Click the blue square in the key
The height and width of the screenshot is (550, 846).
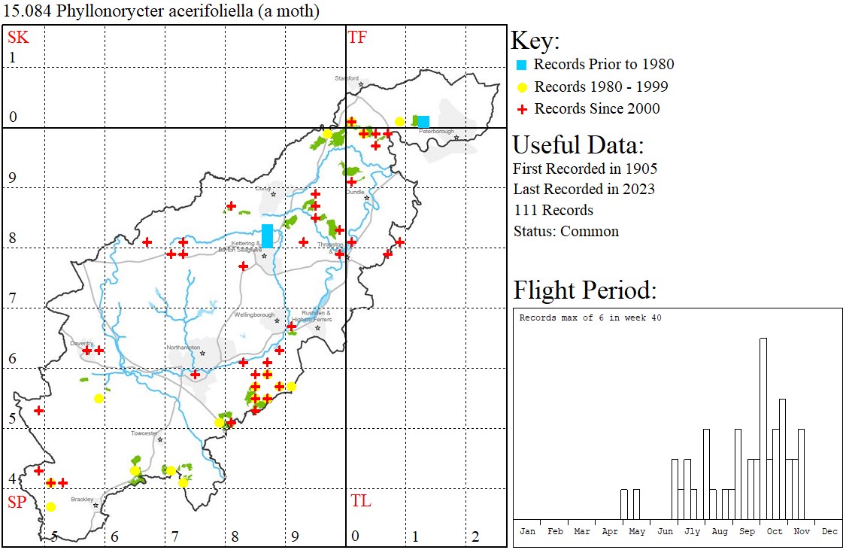pyautogui.click(x=520, y=65)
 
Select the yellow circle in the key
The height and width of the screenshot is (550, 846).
pyautogui.click(x=520, y=87)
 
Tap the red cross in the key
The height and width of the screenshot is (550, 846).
pyautogui.click(x=520, y=109)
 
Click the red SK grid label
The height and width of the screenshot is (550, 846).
pyautogui.click(x=18, y=37)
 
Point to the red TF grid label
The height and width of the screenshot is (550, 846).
pyautogui.click(x=357, y=37)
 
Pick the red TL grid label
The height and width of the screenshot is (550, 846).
pyautogui.click(x=360, y=501)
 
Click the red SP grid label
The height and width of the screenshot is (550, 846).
pyautogui.click(x=18, y=501)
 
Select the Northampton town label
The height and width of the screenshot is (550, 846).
pyautogui.click(x=183, y=348)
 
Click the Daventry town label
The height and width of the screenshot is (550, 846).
pyautogui.click(x=81, y=343)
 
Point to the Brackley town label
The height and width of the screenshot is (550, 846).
pyautogui.click(x=81, y=500)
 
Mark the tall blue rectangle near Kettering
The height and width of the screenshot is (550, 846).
pyautogui.click(x=267, y=235)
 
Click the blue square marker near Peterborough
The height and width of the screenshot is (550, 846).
pyautogui.click(x=423, y=121)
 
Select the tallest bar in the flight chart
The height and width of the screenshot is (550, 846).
pyautogui.click(x=763, y=428)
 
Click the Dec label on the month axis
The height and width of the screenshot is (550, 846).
pyautogui.click(x=829, y=531)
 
